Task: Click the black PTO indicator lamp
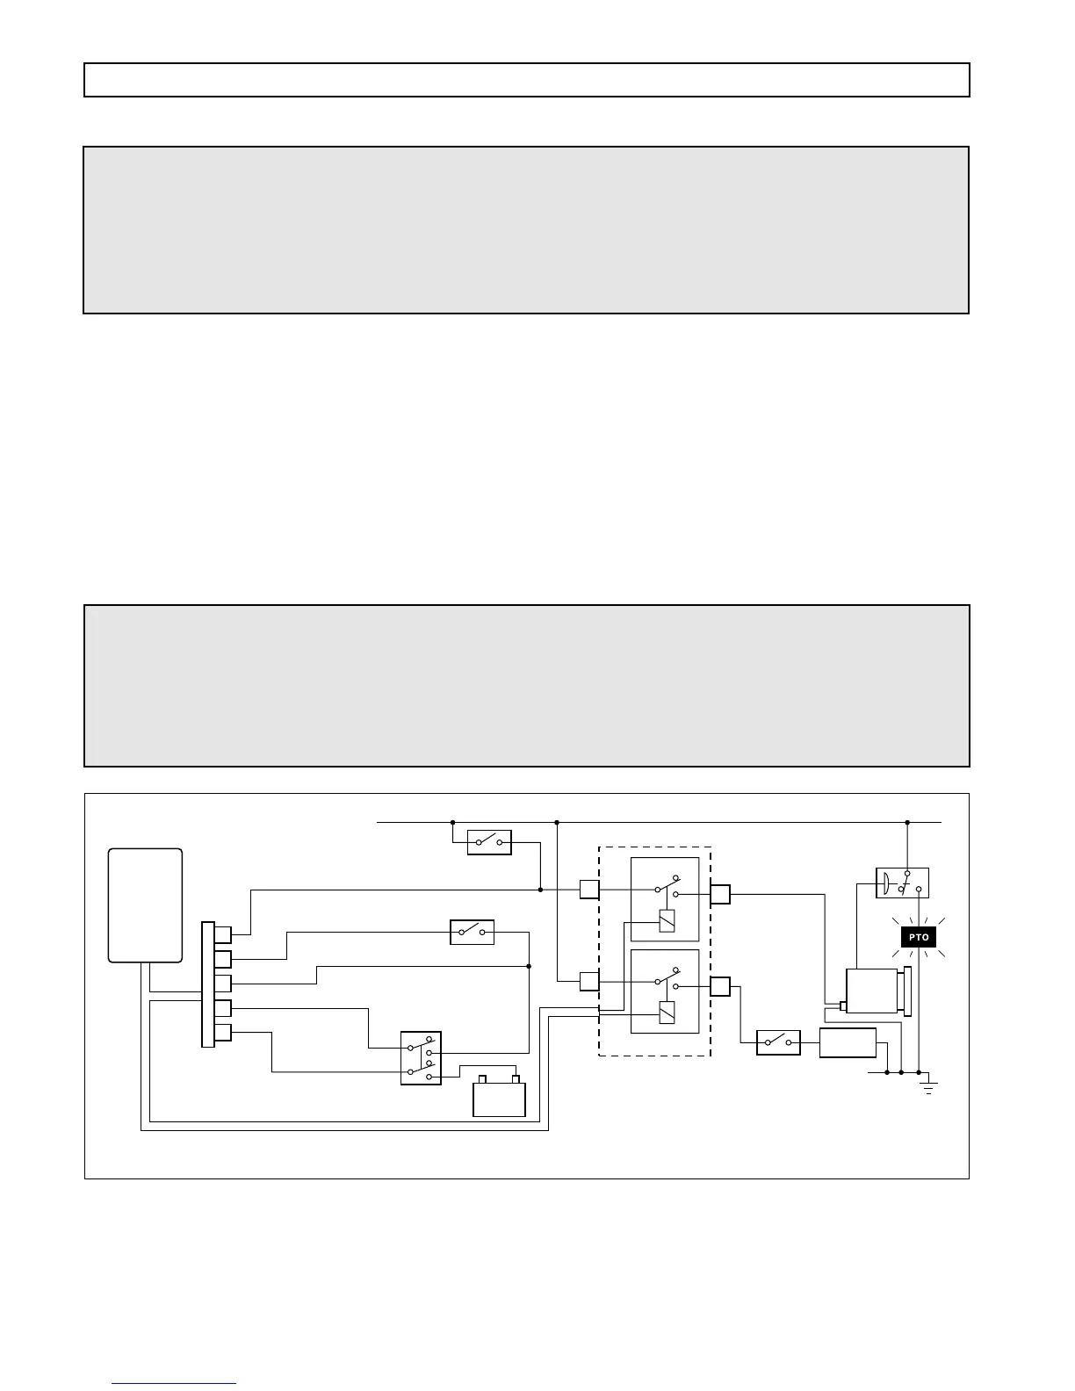[919, 938]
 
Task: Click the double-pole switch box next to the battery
[421, 1058]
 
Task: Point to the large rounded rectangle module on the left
[145, 905]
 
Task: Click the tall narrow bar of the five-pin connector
[207, 984]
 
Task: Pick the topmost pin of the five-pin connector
[223, 934]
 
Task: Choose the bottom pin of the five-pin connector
[223, 1033]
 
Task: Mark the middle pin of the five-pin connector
[223, 984]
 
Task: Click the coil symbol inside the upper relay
[667, 920]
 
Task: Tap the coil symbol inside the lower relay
[667, 1013]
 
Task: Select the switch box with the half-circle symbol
[902, 883]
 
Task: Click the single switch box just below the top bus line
[489, 843]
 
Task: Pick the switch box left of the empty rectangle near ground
[778, 1042]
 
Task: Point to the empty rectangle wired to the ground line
[848, 1042]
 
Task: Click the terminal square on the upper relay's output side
[720, 895]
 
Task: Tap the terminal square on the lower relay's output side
[720, 986]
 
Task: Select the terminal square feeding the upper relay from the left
[589, 890]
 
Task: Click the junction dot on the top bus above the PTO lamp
[907, 823]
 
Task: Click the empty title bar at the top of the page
[527, 80]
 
